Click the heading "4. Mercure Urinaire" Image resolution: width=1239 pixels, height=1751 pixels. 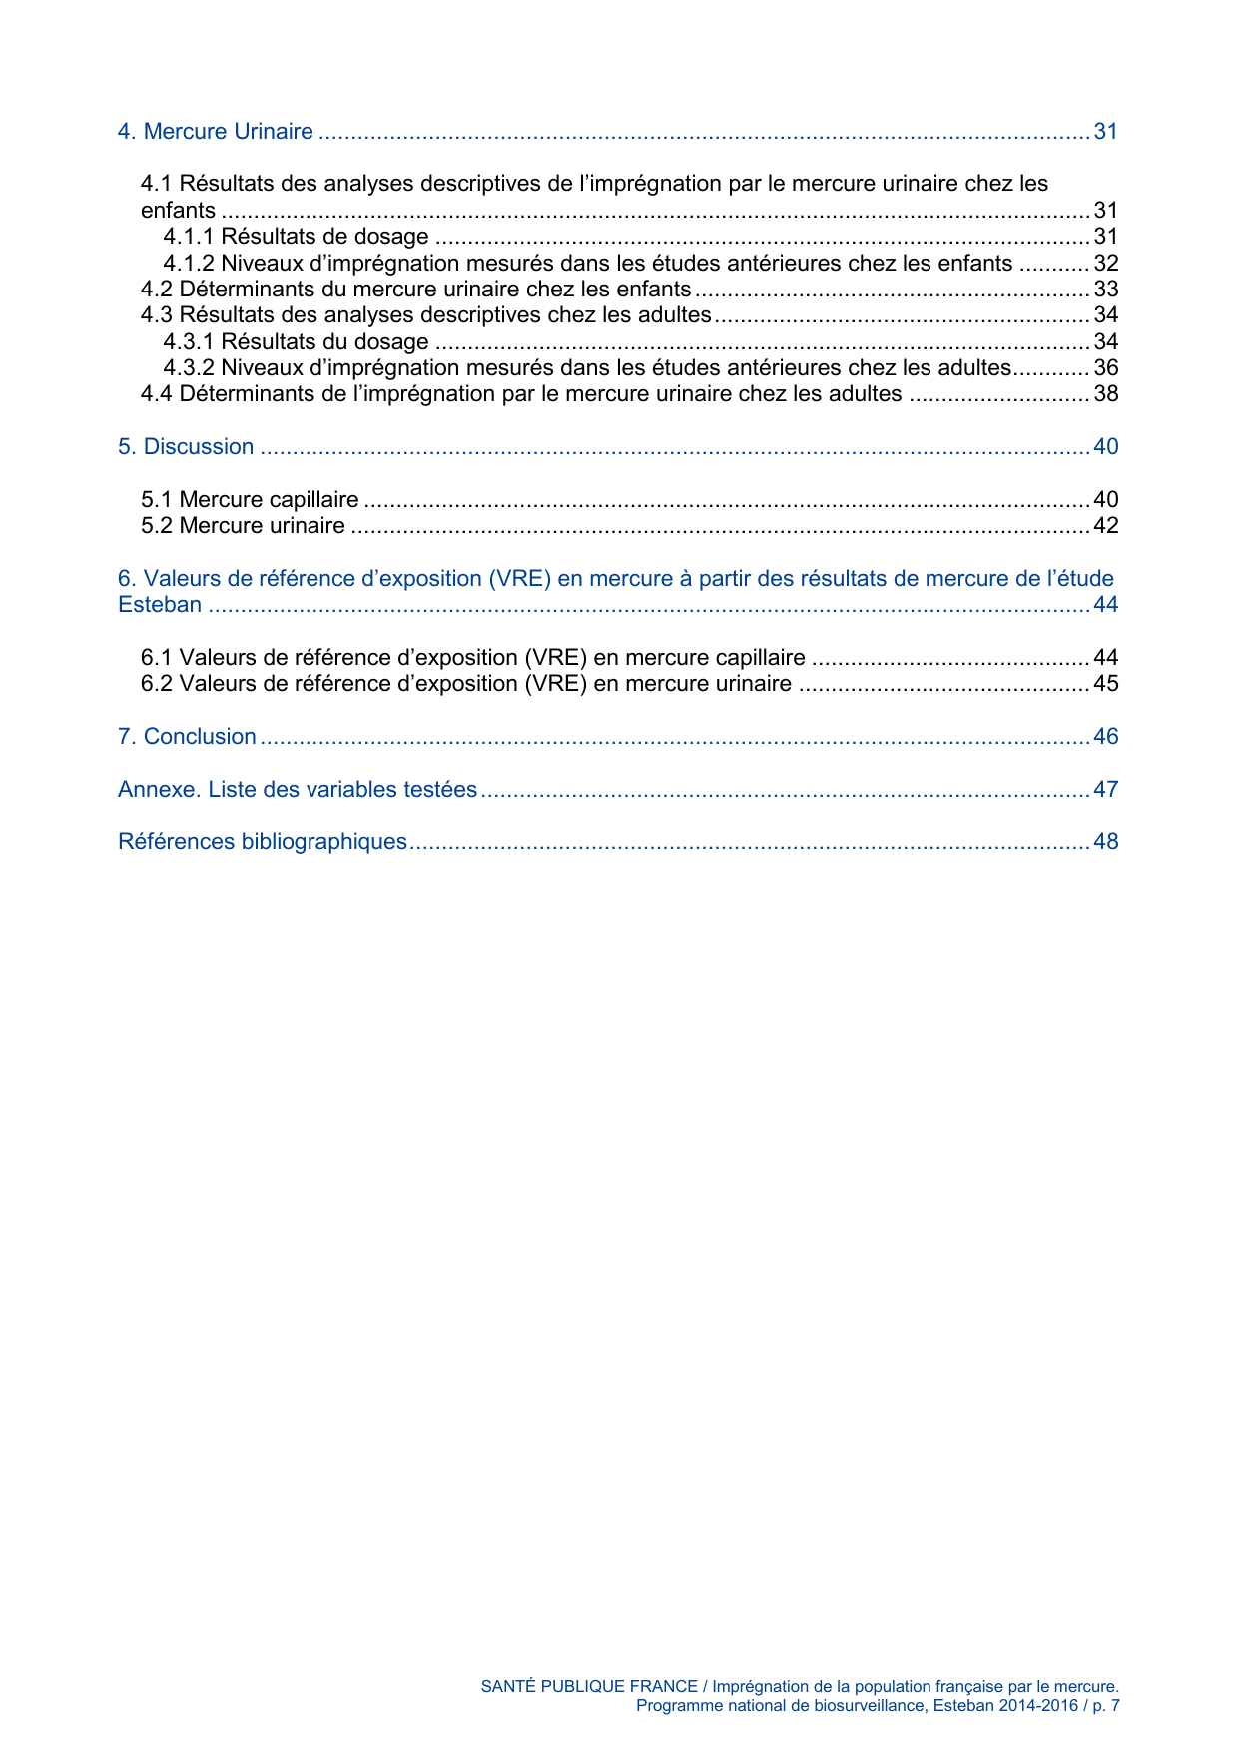pyautogui.click(x=215, y=132)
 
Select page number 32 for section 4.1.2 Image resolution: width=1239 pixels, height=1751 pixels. pyautogui.click(x=1105, y=264)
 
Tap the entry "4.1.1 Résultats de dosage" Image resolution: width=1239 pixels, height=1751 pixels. pyautogui.click(x=296, y=237)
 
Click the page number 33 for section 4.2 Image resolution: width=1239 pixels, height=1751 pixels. pyautogui.click(x=1105, y=290)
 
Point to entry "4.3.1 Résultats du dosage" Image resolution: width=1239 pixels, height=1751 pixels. pyautogui.click(x=296, y=342)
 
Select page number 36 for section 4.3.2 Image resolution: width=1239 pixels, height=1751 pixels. pyautogui.click(x=1105, y=368)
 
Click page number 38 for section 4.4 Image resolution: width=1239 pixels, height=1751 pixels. pyautogui.click(x=1105, y=394)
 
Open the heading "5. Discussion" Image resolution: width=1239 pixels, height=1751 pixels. pyautogui.click(x=186, y=447)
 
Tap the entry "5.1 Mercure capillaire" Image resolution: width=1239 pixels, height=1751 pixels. pyautogui.click(x=250, y=500)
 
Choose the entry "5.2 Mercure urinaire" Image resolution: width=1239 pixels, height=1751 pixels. pyautogui.click(x=243, y=526)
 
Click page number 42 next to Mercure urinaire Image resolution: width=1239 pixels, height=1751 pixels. pyautogui.click(x=1105, y=526)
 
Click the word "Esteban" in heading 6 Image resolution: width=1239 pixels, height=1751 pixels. pyautogui.click(x=160, y=605)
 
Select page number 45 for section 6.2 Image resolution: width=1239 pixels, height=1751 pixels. pyautogui.click(x=1105, y=684)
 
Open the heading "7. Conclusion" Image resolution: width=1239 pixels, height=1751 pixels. pyautogui.click(x=187, y=737)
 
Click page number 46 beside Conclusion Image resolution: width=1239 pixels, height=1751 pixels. pyautogui.click(x=1105, y=737)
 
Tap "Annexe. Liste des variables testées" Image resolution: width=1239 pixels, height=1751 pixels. pyautogui.click(x=298, y=790)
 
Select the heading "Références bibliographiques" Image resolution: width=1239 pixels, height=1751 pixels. pyautogui.click(x=263, y=842)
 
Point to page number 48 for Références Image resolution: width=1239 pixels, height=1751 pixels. pyautogui.click(x=1105, y=842)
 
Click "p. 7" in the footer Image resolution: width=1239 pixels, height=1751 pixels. pyautogui.click(x=1106, y=1706)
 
